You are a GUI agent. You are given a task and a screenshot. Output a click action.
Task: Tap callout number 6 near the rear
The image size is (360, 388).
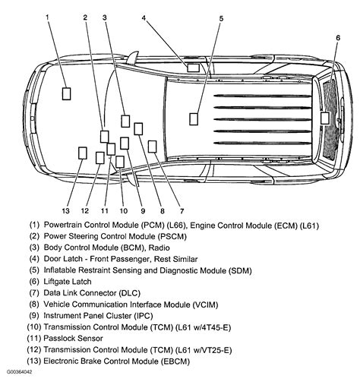338,37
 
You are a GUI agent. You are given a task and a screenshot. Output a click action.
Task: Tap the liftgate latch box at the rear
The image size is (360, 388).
325,118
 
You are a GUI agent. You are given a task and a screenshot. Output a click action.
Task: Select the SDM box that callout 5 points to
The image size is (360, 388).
194,118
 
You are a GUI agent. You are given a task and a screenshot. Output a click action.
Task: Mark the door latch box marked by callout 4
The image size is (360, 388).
193,68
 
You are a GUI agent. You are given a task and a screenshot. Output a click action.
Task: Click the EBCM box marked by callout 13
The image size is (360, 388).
82,153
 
